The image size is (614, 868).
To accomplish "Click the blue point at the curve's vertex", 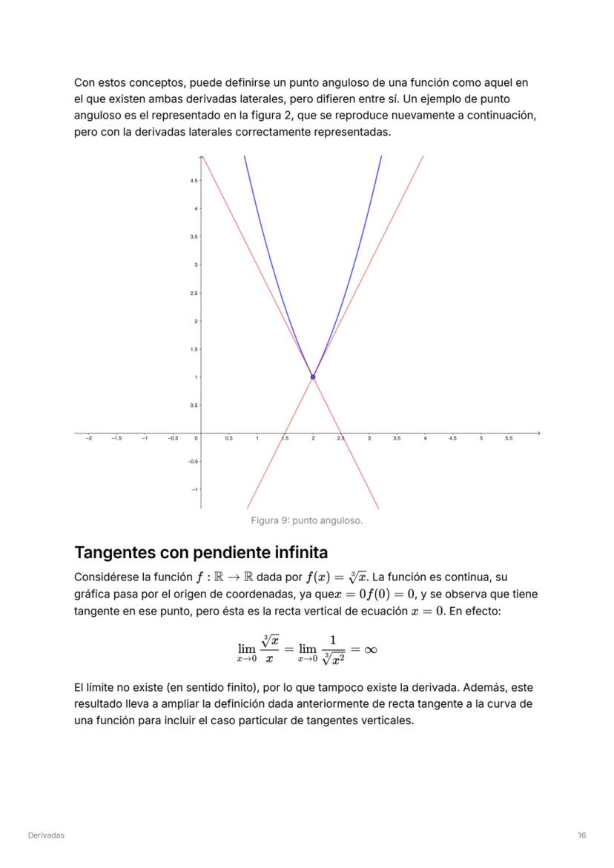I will [x=313, y=377].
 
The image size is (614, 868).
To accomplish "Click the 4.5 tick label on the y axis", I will [x=193, y=181].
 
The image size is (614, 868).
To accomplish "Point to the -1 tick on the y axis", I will [x=194, y=489].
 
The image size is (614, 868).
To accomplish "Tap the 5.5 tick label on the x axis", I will [x=509, y=439].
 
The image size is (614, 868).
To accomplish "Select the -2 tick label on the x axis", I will [x=89, y=439].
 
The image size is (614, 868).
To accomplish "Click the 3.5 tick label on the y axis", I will [x=193, y=237].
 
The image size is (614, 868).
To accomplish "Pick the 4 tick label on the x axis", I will [x=425, y=439].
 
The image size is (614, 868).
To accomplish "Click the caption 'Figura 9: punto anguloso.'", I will [x=306, y=520].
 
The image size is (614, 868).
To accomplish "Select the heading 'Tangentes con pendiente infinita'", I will [x=201, y=553].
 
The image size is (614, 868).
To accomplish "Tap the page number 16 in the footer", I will [x=582, y=835].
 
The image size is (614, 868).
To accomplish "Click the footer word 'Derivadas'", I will [x=46, y=835].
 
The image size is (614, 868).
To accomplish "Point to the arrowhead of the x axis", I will [x=538, y=432].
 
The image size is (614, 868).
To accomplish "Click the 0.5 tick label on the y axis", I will [x=193, y=405].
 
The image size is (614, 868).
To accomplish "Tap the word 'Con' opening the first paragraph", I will [x=84, y=83].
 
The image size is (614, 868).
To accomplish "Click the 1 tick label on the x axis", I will [x=257, y=439].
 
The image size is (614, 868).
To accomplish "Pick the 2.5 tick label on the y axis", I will [x=193, y=294].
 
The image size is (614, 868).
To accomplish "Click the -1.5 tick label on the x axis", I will [x=116, y=439].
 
